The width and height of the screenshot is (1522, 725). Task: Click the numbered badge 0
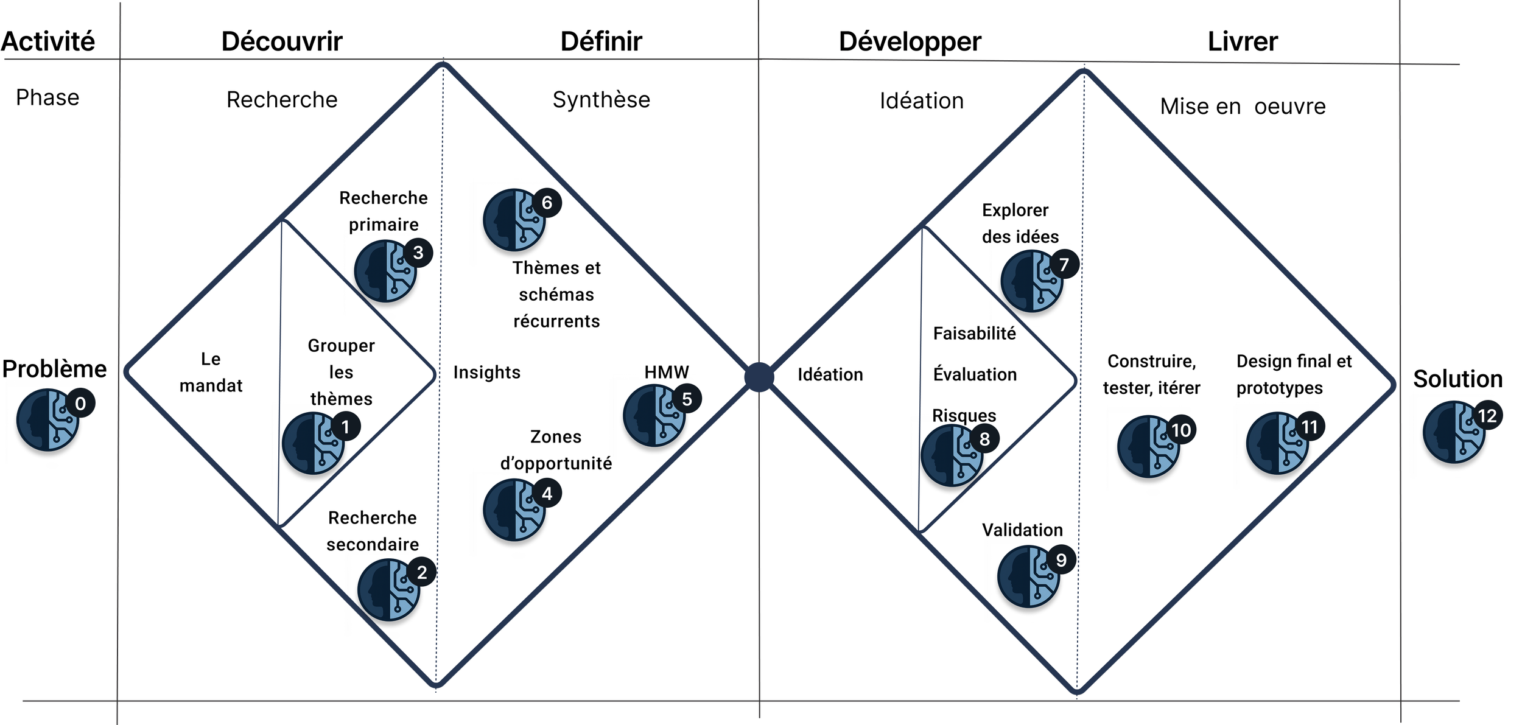[x=80, y=404]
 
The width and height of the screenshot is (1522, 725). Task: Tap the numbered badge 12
[x=1487, y=416]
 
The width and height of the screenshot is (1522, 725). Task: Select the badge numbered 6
[x=547, y=203]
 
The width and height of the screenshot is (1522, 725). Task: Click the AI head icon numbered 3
[x=385, y=271]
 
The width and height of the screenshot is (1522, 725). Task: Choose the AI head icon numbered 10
[x=1148, y=446]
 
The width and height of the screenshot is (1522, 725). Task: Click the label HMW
[x=667, y=372]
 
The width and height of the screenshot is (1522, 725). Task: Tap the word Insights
[x=487, y=372]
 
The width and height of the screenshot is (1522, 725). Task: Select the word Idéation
[x=830, y=374]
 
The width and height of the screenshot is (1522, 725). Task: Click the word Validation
[x=1022, y=530]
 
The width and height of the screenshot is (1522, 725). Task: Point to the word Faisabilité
[x=974, y=334]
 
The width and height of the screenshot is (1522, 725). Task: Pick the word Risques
[x=964, y=415]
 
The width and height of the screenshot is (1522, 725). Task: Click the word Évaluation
[x=975, y=374]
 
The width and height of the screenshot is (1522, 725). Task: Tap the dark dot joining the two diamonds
[x=759, y=377]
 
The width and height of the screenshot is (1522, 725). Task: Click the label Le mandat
[x=211, y=372]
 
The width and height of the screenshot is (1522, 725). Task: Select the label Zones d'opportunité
[x=556, y=450]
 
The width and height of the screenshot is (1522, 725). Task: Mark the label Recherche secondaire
[x=373, y=531]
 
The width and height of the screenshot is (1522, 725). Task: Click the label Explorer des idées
[x=1020, y=223]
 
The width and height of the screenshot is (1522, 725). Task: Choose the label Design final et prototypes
[x=1294, y=374]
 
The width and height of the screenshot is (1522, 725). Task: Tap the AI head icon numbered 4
[x=514, y=510]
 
